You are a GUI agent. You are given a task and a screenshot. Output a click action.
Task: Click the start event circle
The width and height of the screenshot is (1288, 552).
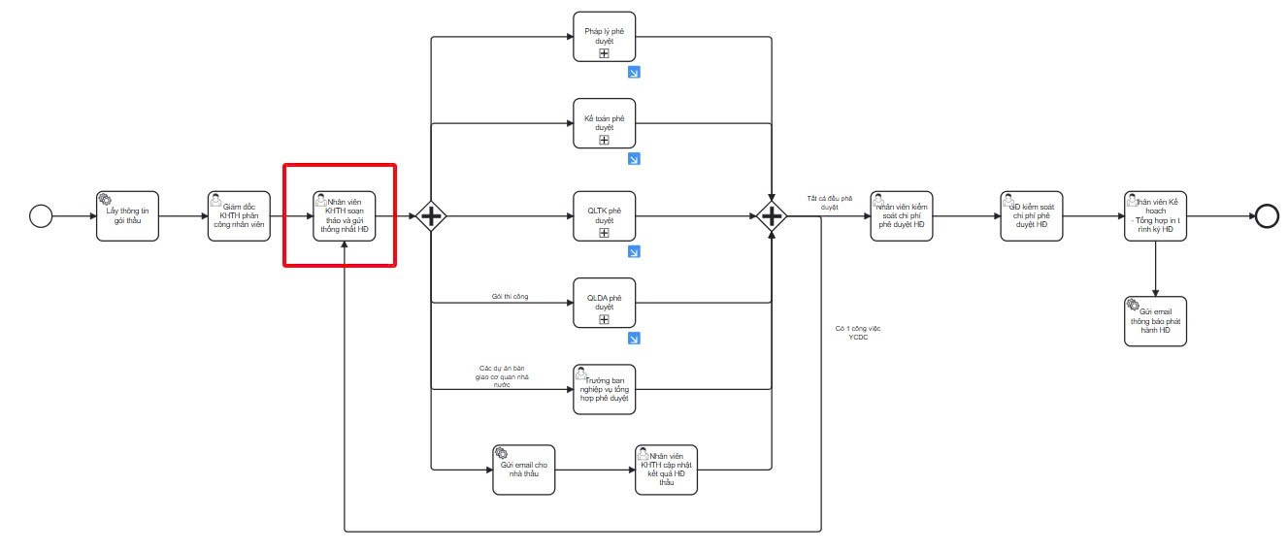click(40, 215)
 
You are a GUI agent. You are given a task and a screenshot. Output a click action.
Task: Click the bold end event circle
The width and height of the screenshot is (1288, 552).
click(1267, 215)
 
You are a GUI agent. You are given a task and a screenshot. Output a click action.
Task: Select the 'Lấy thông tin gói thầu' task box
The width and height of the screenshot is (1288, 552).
click(126, 215)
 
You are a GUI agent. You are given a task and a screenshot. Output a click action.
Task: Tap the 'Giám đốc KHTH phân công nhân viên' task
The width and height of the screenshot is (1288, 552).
click(239, 215)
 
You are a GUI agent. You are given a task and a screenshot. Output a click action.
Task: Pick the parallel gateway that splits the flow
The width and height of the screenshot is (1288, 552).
click(430, 215)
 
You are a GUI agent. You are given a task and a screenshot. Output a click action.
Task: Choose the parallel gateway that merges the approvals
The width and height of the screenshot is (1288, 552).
click(772, 215)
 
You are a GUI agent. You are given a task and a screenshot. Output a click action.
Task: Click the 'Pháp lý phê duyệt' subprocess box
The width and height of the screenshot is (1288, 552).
click(604, 37)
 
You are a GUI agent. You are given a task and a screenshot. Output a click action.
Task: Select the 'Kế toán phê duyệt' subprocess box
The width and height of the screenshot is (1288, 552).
click(604, 123)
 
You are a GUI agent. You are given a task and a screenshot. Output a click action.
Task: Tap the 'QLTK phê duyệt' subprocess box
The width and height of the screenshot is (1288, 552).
click(604, 215)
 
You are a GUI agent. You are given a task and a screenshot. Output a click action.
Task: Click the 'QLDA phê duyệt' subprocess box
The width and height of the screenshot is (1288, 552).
click(604, 303)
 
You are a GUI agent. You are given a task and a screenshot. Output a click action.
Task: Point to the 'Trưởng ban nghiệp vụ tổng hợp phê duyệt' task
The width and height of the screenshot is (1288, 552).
click(604, 389)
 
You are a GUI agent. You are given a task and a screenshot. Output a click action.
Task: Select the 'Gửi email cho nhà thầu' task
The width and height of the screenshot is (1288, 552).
click(524, 470)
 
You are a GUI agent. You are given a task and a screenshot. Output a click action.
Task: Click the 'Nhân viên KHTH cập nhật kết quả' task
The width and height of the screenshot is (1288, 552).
click(666, 470)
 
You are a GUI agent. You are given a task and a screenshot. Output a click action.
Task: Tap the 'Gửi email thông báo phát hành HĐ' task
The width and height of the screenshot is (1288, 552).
click(1155, 321)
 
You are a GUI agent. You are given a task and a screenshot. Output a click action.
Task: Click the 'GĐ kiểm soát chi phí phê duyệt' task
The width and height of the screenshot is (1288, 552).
click(1032, 215)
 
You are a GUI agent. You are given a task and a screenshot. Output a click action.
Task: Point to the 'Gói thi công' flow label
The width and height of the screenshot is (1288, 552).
click(510, 296)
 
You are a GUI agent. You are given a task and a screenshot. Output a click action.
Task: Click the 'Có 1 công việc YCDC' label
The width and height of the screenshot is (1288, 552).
click(857, 333)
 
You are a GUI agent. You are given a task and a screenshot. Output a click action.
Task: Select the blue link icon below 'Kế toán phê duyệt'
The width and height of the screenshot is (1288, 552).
click(634, 159)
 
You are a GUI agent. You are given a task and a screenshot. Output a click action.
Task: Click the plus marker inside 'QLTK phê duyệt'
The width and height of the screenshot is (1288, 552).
click(604, 233)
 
